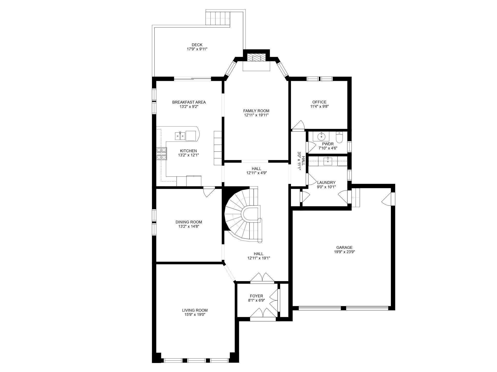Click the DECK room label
pos(197,45)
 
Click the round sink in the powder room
pos(321,136)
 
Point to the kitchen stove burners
pos(162,154)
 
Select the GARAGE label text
pos(344,247)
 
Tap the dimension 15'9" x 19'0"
pos(195,315)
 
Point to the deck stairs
pos(218,18)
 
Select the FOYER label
pos(256,296)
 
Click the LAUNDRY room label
pos(326,182)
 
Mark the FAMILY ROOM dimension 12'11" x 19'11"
pos(256,115)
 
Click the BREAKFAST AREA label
pos(189,102)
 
